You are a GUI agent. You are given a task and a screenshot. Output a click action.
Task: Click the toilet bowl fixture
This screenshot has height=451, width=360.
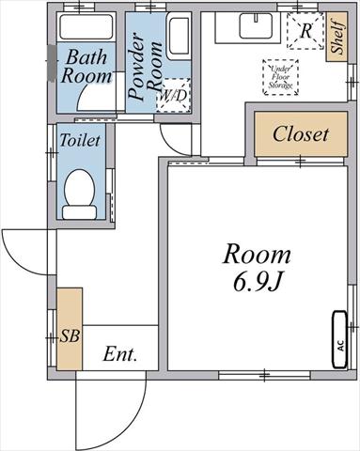tap(79, 188)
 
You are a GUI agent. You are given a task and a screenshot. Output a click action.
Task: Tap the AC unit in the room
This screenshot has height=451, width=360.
tap(339, 339)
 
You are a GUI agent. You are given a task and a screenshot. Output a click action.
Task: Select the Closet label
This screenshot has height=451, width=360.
tap(301, 134)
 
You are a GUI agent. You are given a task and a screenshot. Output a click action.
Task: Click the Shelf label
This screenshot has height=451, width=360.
tap(337, 37)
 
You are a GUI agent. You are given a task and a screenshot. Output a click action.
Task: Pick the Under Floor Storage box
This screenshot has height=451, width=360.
tap(280, 77)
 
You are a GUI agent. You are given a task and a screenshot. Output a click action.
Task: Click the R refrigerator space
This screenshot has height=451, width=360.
tap(305, 31)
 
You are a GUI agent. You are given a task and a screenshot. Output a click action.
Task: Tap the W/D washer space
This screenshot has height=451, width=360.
tap(174, 95)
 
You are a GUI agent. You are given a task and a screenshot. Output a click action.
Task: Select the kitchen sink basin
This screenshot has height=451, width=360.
tap(257, 26)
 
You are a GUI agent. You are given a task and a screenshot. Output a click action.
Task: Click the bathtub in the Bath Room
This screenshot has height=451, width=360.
tap(86, 26)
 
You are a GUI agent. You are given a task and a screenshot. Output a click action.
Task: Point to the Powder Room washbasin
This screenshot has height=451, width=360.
tap(179, 36)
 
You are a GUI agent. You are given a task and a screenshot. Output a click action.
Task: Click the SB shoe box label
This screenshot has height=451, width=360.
tap(70, 336)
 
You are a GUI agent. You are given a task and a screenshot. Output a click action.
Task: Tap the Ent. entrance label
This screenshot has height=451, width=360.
tap(120, 354)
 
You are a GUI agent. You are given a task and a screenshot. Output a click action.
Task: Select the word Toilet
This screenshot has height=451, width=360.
tap(80, 140)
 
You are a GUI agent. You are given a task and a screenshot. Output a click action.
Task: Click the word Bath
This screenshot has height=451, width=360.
tap(86, 57)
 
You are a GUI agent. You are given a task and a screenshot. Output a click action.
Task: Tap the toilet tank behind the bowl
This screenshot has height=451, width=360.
tap(79, 212)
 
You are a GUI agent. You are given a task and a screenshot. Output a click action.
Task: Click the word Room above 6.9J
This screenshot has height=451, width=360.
tap(257, 255)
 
